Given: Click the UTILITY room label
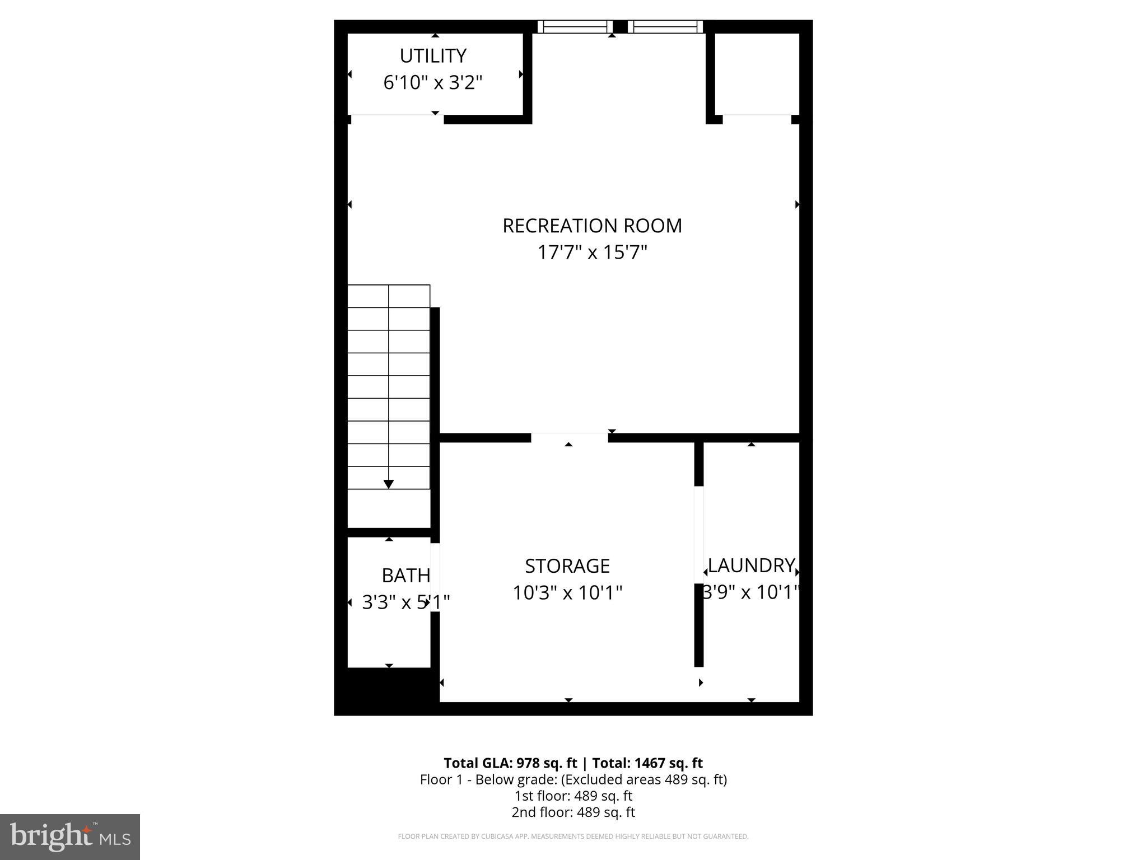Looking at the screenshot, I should point(433,56).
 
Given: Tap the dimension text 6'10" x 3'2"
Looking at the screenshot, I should point(433,83).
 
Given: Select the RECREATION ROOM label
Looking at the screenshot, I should point(592,226).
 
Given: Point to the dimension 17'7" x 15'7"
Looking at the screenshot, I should point(592,253).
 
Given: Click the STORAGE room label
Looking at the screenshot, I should point(567,566).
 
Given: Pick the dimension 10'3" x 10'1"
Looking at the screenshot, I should point(567,592).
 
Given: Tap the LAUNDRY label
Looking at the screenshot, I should point(751,565).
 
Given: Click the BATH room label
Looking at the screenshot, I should point(406,576).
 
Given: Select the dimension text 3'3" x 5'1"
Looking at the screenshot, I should point(406,602).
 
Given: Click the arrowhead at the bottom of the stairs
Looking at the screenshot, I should point(389,484).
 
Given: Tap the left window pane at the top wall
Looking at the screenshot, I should point(575,26).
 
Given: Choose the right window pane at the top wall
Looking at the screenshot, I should point(665,26).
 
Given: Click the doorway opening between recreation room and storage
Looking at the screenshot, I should point(569,437).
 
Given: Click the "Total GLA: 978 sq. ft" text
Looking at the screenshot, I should point(510,763).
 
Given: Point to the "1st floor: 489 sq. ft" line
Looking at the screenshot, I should point(573,796).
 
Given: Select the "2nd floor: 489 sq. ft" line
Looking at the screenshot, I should point(573,812).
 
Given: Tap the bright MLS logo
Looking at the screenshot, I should point(70,836).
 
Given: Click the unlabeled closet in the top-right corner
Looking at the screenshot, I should point(757,74).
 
